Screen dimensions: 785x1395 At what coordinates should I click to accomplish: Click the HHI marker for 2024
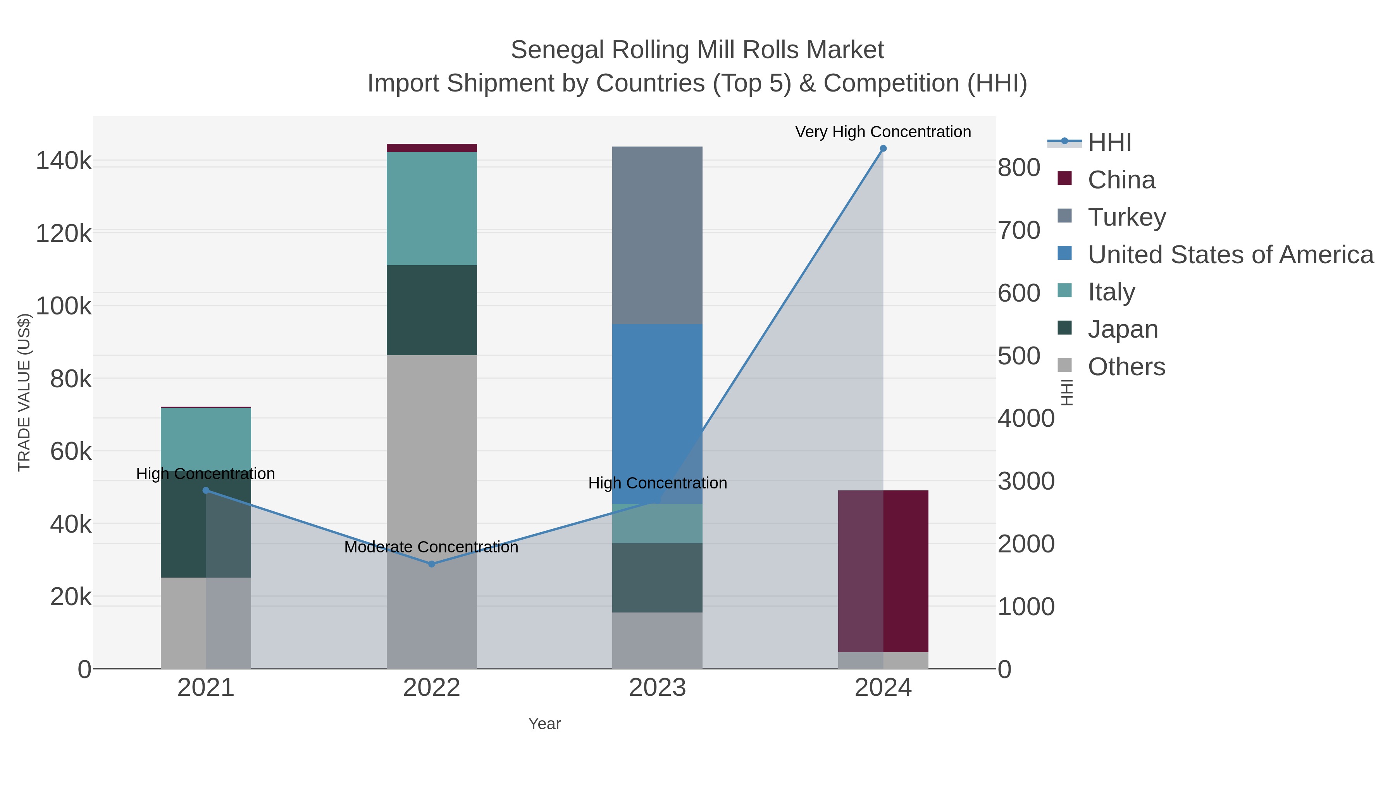coord(883,148)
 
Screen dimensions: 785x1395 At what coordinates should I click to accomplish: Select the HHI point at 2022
coord(432,564)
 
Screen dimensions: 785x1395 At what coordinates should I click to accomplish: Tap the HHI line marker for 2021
coord(206,490)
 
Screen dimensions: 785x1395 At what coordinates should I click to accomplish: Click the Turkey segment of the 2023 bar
coord(657,235)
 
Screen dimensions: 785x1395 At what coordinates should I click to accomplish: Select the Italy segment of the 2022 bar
coord(432,209)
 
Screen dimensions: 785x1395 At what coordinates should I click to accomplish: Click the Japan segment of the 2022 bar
coord(432,310)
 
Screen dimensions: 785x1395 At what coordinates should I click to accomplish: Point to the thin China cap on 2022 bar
coord(432,148)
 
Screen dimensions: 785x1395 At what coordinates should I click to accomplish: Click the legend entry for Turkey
coord(1126,217)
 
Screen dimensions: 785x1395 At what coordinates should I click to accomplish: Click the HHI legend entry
coord(1109,143)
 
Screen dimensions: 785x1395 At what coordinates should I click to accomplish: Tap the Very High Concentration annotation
coord(883,132)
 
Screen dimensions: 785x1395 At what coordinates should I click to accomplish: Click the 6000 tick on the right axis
coord(1019,293)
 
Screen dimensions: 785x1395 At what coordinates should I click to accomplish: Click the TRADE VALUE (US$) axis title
coord(24,392)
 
